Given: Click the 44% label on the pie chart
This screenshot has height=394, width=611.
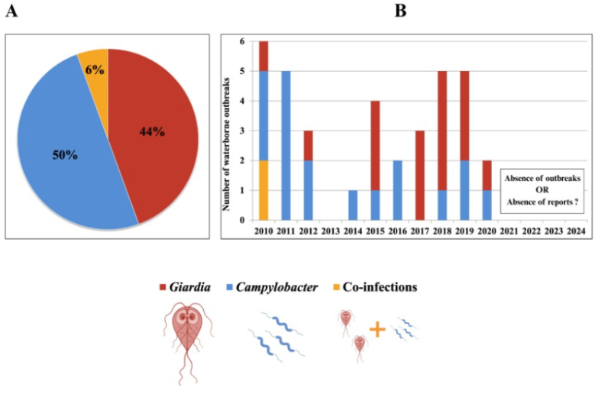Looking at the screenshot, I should click(152, 131).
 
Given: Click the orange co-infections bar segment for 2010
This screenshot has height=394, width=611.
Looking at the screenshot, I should click(263, 190).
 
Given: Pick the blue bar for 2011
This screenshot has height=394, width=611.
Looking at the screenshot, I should click(286, 145).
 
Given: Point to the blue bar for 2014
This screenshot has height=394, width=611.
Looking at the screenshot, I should click(353, 205).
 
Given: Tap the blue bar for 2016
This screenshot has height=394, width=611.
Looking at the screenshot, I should click(398, 190).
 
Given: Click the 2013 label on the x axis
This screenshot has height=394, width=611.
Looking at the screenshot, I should click(331, 231).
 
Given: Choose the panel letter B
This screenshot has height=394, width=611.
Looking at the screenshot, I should click(400, 11).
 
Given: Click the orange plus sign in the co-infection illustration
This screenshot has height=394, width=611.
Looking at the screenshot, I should click(377, 329).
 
